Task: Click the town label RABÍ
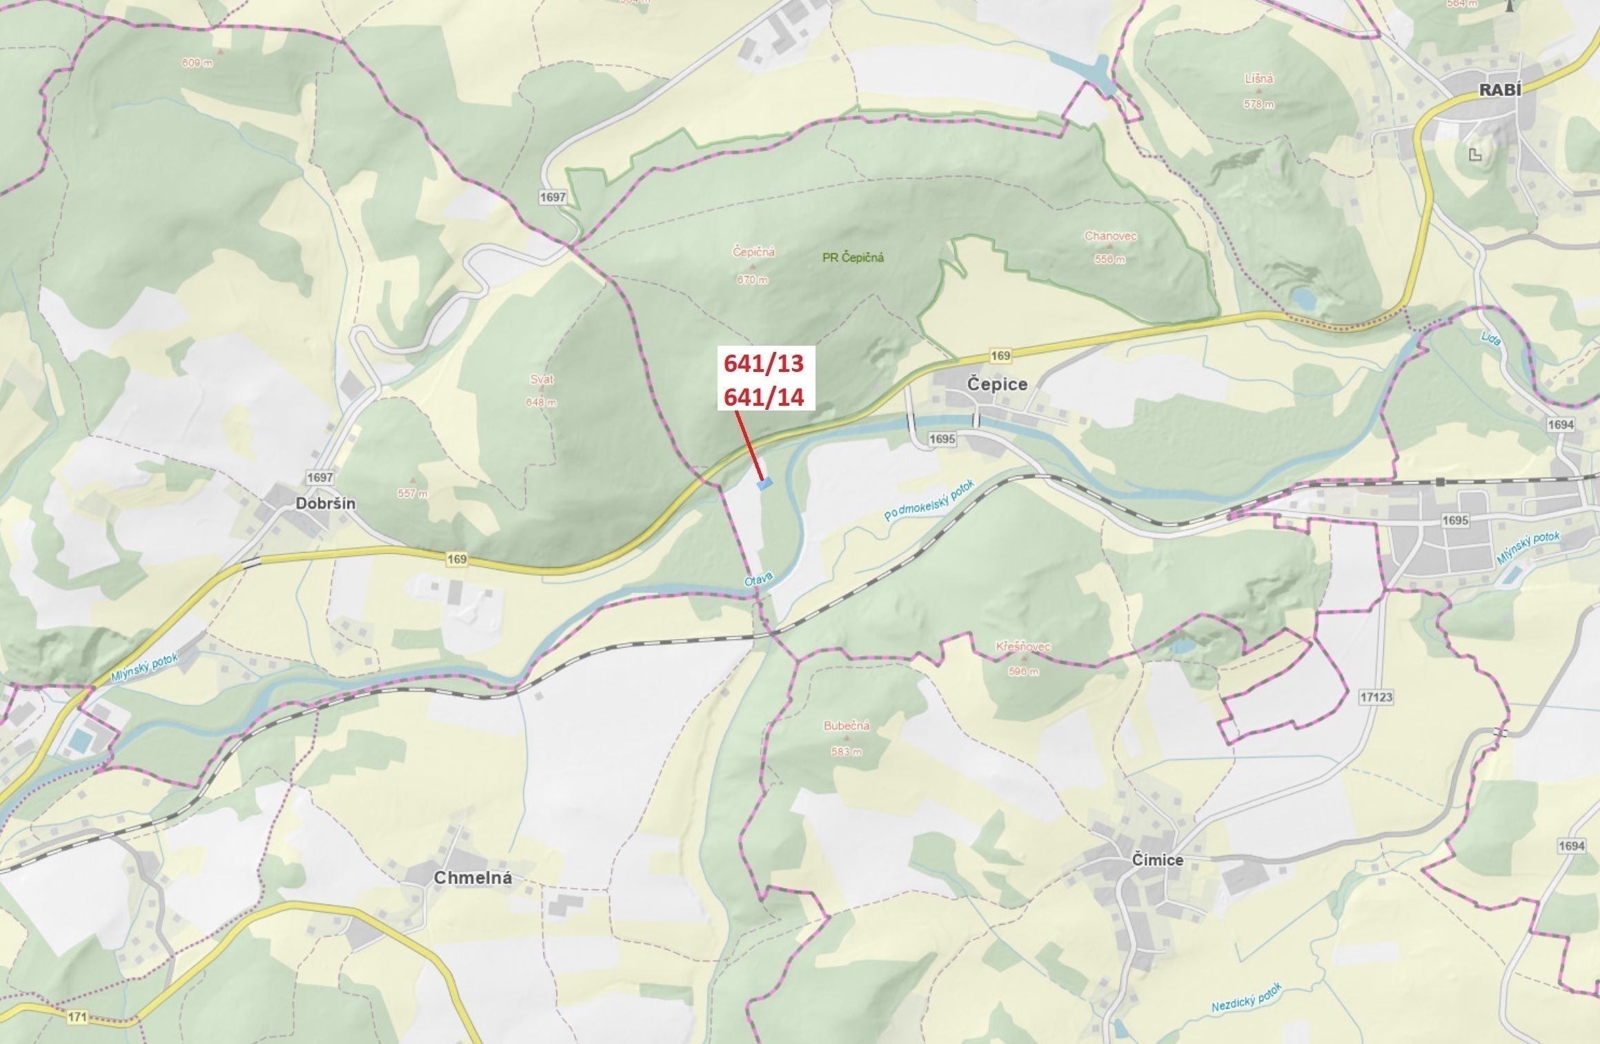(x=1499, y=90)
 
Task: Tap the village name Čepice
(x=997, y=384)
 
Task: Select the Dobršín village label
(x=326, y=503)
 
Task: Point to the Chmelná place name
(x=473, y=878)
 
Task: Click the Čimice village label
(x=1158, y=860)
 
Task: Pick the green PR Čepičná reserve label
(x=853, y=257)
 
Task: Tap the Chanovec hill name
(x=1110, y=236)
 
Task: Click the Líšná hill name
(x=1259, y=79)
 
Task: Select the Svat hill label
(x=542, y=379)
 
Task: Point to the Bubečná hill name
(x=847, y=726)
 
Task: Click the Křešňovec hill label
(x=1023, y=647)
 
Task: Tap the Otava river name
(x=759, y=580)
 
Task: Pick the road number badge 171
(x=78, y=1017)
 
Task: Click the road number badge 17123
(x=1376, y=697)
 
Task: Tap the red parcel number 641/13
(x=764, y=363)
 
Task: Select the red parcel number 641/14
(x=764, y=397)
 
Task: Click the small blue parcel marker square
(x=764, y=484)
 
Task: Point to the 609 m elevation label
(x=197, y=63)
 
